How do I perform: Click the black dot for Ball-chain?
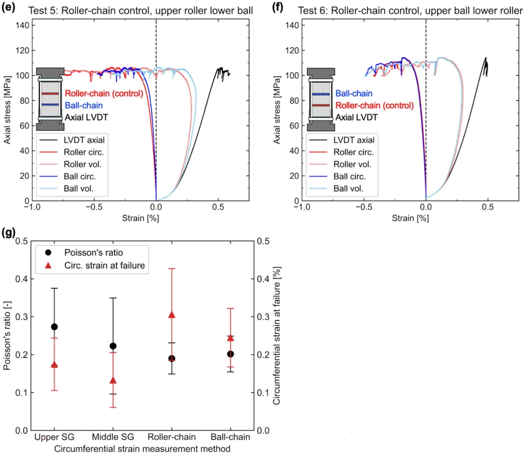tap(230, 354)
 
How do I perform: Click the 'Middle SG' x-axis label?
tap(113, 437)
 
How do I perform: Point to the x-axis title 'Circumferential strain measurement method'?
tap(142, 448)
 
